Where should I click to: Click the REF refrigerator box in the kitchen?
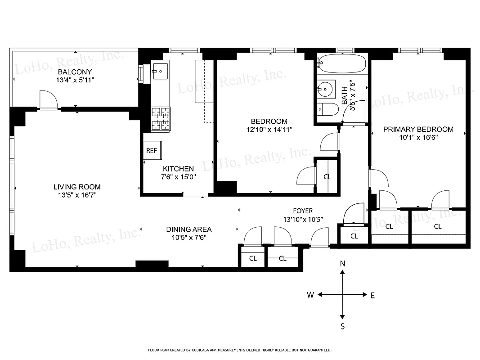[152, 151]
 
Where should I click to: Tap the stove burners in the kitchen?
[161, 119]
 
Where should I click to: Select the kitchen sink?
[160, 71]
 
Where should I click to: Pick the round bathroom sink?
[326, 89]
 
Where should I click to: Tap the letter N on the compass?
[342, 264]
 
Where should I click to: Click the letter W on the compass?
[310, 295]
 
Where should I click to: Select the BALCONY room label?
[75, 72]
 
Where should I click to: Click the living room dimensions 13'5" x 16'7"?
[77, 195]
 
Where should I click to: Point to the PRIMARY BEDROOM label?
[418, 130]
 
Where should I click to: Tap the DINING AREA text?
[189, 229]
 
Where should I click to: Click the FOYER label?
[303, 211]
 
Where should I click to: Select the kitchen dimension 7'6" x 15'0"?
[179, 177]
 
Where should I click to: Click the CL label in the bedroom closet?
[327, 177]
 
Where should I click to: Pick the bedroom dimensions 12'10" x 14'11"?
[269, 130]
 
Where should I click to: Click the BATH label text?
[345, 95]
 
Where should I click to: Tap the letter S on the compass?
[342, 327]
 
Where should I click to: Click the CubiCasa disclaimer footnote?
[240, 350]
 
